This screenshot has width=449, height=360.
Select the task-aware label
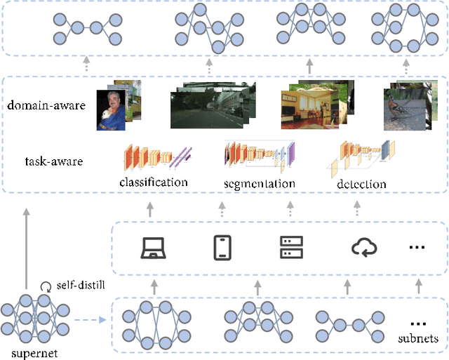tap(53, 161)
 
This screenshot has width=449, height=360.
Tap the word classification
tap(154, 182)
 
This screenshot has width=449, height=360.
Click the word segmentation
tap(259, 183)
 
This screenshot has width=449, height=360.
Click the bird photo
tap(406, 108)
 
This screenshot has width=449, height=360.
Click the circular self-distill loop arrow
tap(47, 286)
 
